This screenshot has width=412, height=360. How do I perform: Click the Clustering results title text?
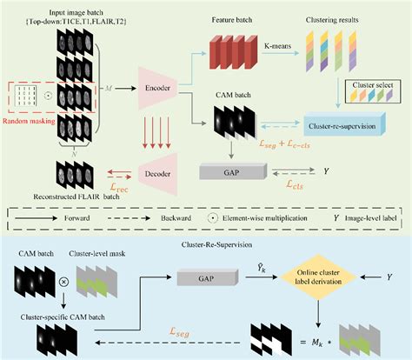pos(329,18)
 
